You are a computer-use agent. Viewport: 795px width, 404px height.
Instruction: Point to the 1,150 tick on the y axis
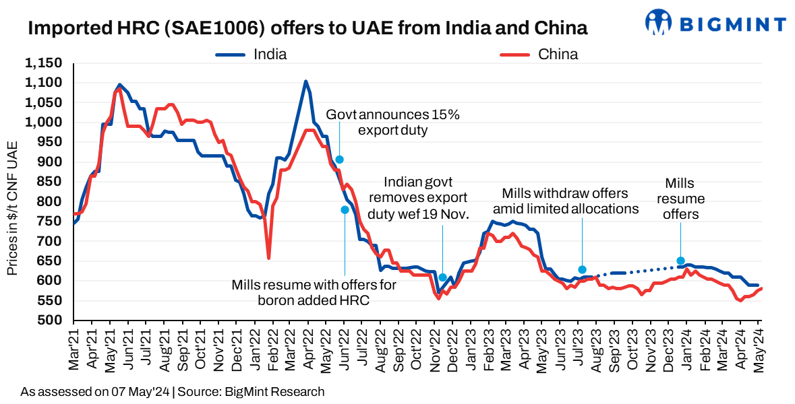point(44,63)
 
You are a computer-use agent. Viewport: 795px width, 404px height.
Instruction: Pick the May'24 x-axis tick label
point(758,348)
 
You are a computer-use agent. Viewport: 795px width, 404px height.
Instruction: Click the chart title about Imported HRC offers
point(307,28)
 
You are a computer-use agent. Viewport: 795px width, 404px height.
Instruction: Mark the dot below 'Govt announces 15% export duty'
point(340,160)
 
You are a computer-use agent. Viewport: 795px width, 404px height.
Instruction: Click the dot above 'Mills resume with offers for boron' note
point(345,210)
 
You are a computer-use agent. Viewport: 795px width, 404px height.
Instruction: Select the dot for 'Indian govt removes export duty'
point(443,277)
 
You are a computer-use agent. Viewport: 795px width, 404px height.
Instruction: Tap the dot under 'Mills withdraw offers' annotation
point(582,270)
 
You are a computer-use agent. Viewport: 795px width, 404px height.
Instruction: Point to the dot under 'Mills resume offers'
point(680,261)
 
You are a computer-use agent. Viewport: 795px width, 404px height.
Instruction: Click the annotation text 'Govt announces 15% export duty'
point(392,122)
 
